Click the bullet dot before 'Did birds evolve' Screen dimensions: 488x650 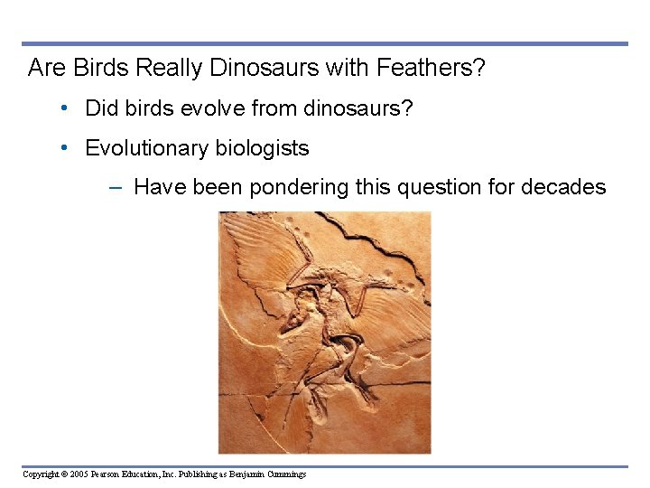coord(66,108)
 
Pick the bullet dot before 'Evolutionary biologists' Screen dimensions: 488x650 coord(66,148)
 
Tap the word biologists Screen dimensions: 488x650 coord(262,148)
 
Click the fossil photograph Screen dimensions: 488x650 coord(324,332)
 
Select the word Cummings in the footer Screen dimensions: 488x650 coord(286,474)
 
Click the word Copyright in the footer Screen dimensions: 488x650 coord(40,474)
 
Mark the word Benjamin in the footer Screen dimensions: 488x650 coord(246,474)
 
